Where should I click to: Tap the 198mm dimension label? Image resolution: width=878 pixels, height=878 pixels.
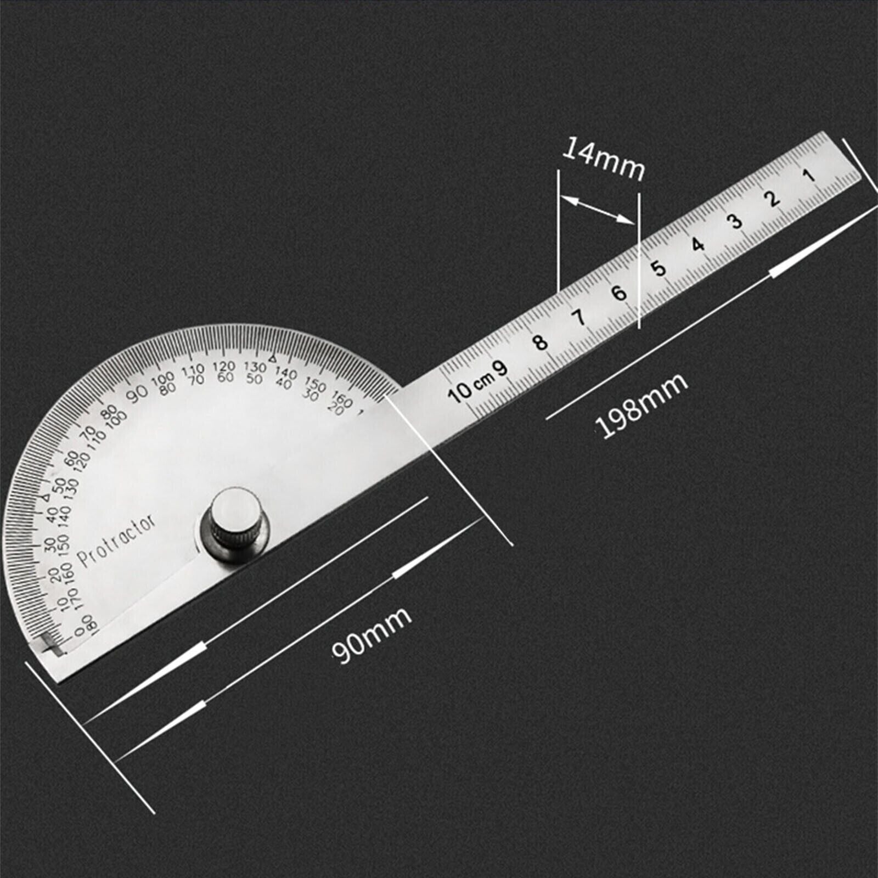[642, 405]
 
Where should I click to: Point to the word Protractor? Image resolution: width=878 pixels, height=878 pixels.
[117, 541]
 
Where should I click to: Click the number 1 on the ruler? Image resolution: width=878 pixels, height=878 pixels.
[809, 176]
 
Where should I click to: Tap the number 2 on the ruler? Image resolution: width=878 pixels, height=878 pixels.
[774, 198]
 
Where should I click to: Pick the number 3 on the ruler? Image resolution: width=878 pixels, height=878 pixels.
[735, 221]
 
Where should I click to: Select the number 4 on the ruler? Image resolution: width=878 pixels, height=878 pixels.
[698, 244]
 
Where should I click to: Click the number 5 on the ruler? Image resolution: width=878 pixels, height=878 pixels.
[658, 268]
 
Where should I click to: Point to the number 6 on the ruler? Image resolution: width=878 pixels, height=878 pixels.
[620, 293]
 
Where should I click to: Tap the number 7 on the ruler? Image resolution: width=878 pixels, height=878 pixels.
[579, 317]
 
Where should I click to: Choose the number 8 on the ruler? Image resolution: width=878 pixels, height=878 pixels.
[541, 342]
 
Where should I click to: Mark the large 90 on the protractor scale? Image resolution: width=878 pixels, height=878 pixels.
[138, 392]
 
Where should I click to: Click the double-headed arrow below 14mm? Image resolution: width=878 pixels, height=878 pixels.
[598, 210]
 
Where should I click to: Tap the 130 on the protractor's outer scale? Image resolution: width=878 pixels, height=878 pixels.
[255, 366]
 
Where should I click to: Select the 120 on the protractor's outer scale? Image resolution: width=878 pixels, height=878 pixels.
[223, 366]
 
